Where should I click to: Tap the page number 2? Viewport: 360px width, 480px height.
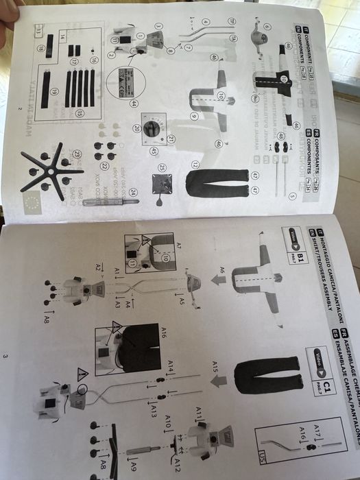[21, 109]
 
